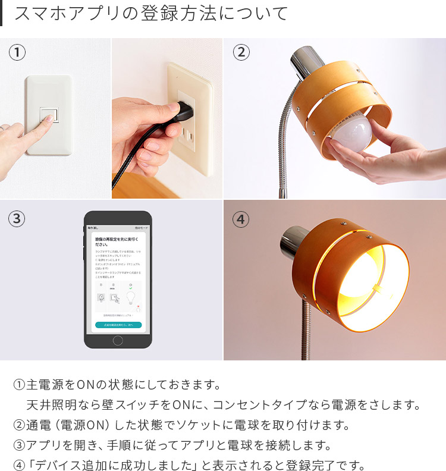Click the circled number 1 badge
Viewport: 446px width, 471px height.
[x=17, y=52]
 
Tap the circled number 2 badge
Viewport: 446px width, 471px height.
[x=241, y=52]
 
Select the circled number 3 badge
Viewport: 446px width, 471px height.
[x=17, y=219]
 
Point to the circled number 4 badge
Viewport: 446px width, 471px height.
[x=241, y=219]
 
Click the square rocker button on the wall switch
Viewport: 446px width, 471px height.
[x=48, y=114]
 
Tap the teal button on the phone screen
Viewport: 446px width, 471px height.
[x=118, y=325]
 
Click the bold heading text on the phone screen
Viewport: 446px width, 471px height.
[x=118, y=241]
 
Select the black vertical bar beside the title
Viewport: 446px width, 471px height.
[x=2, y=13]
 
